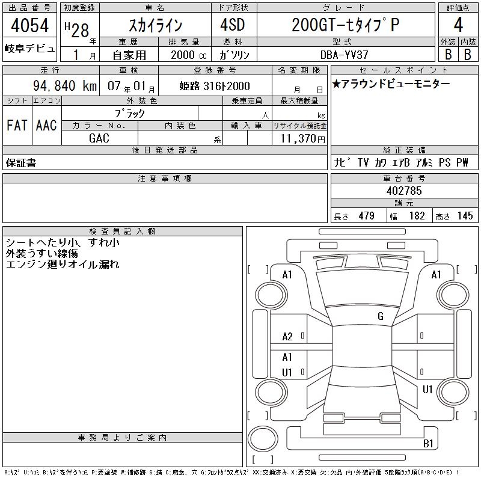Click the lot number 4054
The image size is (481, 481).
[x=29, y=25]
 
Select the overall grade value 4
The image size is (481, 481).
[x=458, y=25]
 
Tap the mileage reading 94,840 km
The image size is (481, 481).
[x=65, y=85]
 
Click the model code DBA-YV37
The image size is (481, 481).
[x=344, y=55]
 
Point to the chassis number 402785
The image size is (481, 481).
[x=404, y=191]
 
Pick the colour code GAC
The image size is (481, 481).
[x=99, y=138]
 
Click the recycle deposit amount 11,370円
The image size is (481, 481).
[x=302, y=139]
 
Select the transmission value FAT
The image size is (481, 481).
[x=17, y=125]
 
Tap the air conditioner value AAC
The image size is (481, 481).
[x=46, y=125]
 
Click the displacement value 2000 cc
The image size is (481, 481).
[x=189, y=55]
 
